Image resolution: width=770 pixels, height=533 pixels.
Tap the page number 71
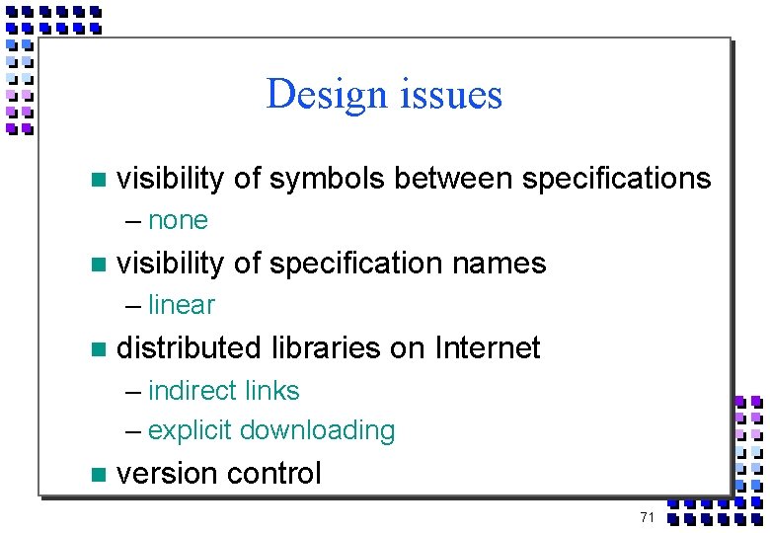coord(648,517)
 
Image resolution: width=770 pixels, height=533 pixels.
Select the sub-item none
coord(178,220)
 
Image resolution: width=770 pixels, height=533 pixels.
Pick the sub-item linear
coord(182,305)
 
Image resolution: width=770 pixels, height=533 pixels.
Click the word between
coord(452,179)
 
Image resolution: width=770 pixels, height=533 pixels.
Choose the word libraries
coord(312,347)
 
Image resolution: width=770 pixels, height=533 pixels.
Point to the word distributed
coord(185,347)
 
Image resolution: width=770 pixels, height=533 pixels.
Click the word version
coord(163,474)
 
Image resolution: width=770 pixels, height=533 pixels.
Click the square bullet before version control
coord(96,475)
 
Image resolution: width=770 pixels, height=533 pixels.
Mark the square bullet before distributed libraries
coord(96,348)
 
